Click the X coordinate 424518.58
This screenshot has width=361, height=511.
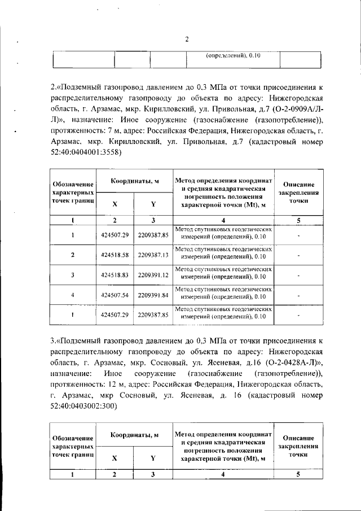tap(115, 255)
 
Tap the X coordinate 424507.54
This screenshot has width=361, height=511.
tap(115, 295)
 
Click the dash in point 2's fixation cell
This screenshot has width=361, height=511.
tap(298, 255)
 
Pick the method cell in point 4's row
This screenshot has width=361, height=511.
tap(223, 295)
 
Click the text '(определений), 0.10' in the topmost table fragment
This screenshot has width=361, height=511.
tap(232, 56)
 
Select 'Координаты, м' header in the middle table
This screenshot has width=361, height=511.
tap(134, 181)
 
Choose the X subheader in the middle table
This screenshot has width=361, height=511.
tap(115, 204)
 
